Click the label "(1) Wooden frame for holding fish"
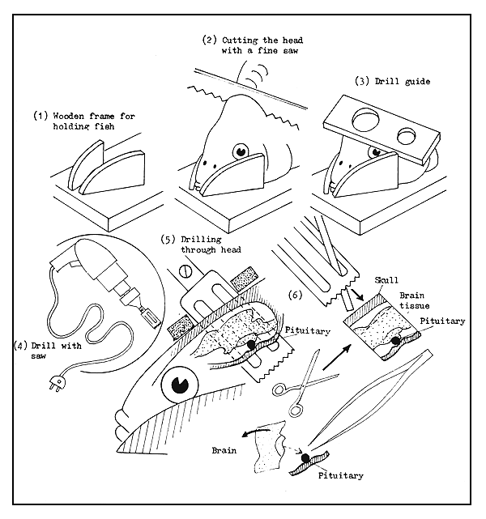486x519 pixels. point(83,121)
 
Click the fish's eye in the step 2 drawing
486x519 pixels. point(241,151)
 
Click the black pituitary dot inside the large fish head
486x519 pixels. point(251,345)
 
